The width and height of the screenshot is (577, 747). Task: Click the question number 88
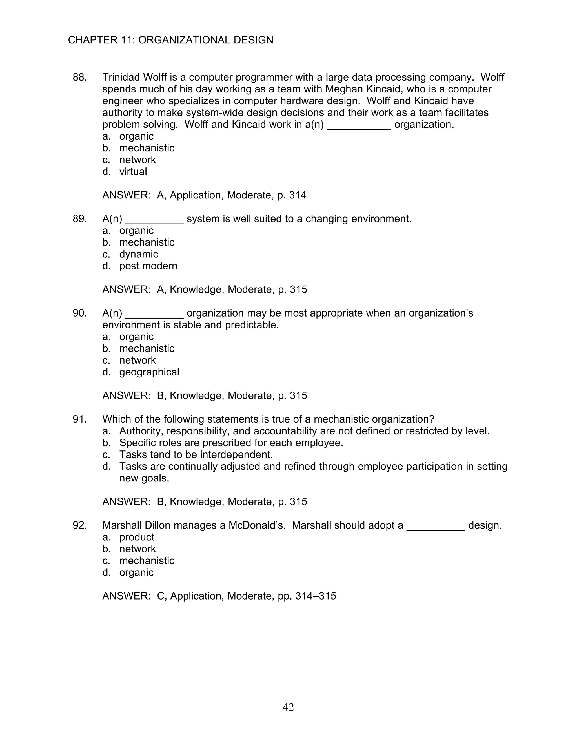tap(80, 77)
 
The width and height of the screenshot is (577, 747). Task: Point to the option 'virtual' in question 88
tap(133, 171)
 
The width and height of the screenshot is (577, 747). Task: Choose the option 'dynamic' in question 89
tap(138, 254)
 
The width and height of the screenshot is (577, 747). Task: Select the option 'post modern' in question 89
tap(148, 266)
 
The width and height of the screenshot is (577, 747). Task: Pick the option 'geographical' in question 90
tap(149, 372)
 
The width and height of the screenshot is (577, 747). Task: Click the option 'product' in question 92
tap(136, 537)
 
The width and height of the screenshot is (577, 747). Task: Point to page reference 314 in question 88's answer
tap(298, 195)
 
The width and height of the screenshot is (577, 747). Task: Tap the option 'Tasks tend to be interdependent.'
tap(196, 455)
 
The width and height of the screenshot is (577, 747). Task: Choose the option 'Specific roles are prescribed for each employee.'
tap(231, 443)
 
